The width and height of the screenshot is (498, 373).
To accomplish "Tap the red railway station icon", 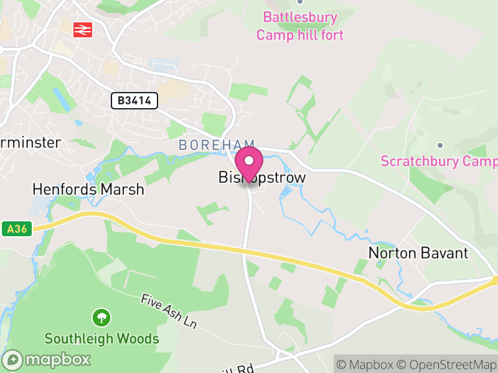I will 82,29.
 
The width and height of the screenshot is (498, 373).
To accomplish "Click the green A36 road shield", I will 17,229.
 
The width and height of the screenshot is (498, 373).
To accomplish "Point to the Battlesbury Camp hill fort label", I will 299,26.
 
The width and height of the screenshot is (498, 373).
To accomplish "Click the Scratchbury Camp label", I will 439,162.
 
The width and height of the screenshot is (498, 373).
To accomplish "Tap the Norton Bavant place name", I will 418,253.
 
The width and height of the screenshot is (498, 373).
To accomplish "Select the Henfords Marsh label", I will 88,189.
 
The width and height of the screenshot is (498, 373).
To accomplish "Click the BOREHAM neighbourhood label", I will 209,144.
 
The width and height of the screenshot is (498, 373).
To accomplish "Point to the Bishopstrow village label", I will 262,178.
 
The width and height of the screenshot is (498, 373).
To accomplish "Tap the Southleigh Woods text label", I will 101,339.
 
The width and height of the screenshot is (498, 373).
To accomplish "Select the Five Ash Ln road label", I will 168,312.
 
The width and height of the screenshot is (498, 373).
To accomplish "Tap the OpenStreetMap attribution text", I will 447,364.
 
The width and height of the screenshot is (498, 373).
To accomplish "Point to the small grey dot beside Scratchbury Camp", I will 439,145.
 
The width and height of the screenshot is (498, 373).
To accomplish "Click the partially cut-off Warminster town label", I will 31,142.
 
